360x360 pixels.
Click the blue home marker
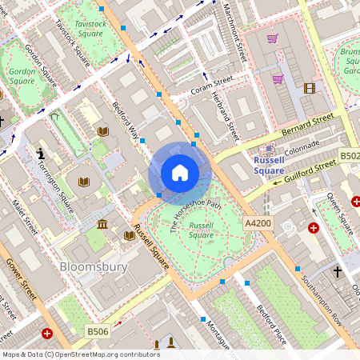tap(180, 173)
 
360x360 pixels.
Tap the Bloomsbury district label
tap(94, 266)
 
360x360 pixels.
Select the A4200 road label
tap(258, 223)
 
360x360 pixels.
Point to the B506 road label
tap(98, 330)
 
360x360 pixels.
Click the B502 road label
tap(350, 156)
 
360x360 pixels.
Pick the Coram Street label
tap(211, 85)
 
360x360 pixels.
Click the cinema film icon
tap(310, 87)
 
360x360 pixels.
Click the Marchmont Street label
tap(235, 32)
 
